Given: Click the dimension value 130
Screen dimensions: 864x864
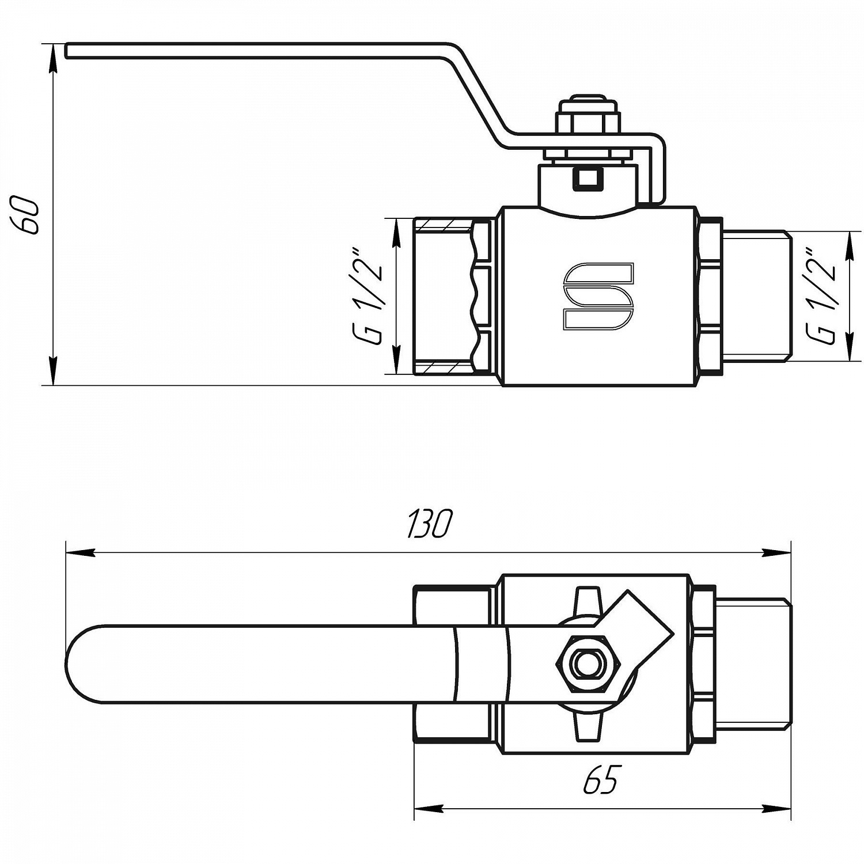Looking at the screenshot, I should click(430, 524).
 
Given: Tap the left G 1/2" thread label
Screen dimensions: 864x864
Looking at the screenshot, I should click(369, 297).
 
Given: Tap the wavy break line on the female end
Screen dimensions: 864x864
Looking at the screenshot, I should click(475, 297).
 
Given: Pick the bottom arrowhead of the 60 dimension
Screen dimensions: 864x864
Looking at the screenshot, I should click(53, 372).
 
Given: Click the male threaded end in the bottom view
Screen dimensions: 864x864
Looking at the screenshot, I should click(752, 664).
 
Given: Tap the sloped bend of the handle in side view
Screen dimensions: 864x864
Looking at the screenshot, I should click(478, 98).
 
